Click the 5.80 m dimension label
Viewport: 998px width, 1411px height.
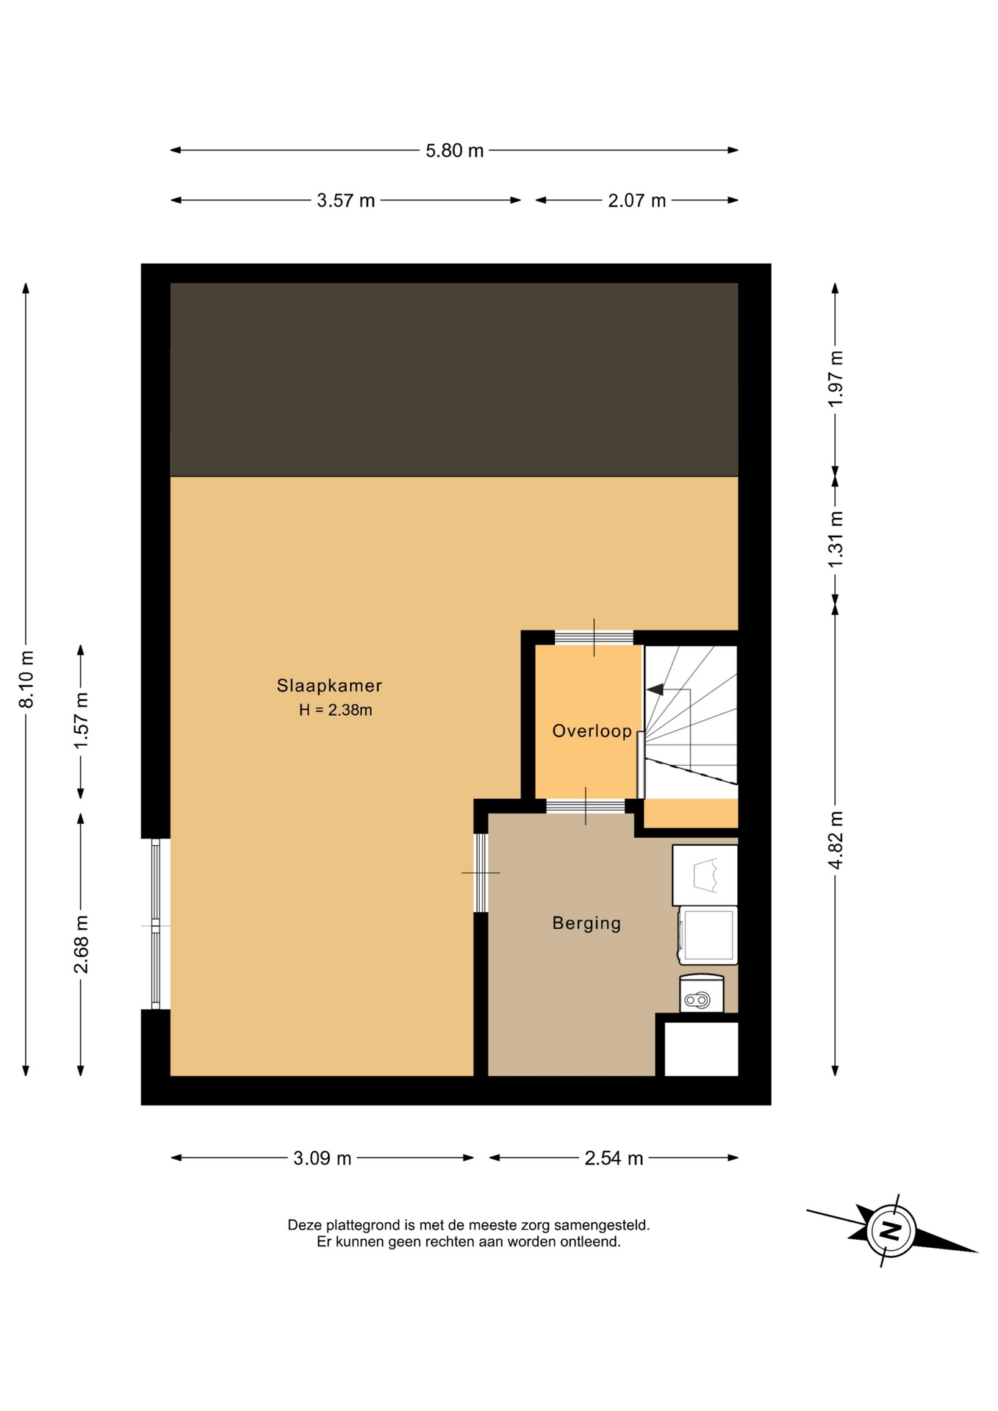(454, 151)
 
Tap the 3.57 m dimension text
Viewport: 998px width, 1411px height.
(345, 201)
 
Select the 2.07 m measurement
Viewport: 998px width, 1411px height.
(636, 201)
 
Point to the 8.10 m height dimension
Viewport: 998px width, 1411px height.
(26, 679)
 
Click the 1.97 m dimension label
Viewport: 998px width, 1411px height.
(836, 378)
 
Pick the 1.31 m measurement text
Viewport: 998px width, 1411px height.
(836, 539)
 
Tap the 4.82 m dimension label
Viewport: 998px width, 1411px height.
(836, 840)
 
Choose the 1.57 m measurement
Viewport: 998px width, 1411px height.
(81, 721)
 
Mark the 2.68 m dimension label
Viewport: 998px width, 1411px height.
(81, 944)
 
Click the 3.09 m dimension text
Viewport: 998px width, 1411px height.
(322, 1159)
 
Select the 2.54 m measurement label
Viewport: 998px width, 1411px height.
(614, 1159)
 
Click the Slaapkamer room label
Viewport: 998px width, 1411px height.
(329, 686)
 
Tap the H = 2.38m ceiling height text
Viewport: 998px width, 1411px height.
(335, 711)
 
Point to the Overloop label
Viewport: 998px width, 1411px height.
(592, 731)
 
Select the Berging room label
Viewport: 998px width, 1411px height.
(586, 923)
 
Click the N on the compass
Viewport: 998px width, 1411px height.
(891, 1230)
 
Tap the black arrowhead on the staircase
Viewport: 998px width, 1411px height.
(655, 689)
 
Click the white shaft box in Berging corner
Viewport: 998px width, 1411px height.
(701, 1049)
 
